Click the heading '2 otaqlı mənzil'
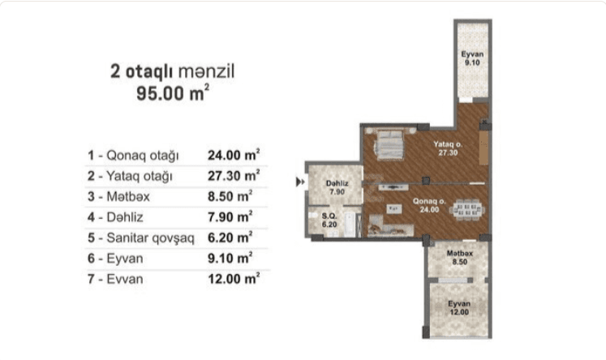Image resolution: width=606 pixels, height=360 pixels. [172, 72]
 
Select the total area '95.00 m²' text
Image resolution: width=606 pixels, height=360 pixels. [173, 93]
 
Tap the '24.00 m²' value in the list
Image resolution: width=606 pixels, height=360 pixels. [234, 155]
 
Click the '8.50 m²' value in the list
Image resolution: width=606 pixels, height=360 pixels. [230, 196]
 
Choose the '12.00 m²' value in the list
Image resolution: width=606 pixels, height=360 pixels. [234, 278]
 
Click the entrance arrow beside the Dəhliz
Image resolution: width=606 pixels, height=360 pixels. [300, 182]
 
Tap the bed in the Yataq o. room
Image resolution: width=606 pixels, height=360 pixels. [389, 145]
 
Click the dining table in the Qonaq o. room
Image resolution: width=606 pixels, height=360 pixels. [466, 210]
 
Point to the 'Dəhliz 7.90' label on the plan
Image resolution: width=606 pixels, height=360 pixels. [337, 187]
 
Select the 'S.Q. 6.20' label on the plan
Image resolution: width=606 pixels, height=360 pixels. [329, 221]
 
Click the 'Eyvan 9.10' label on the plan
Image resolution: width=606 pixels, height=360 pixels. [472, 58]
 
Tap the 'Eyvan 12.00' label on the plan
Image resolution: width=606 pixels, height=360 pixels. [459, 308]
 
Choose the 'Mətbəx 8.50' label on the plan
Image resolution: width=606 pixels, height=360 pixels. [459, 258]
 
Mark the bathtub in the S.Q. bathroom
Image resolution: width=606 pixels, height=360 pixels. [350, 225]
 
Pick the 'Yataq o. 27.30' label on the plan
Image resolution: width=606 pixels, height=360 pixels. [448, 148]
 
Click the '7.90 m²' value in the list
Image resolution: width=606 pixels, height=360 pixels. [230, 216]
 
